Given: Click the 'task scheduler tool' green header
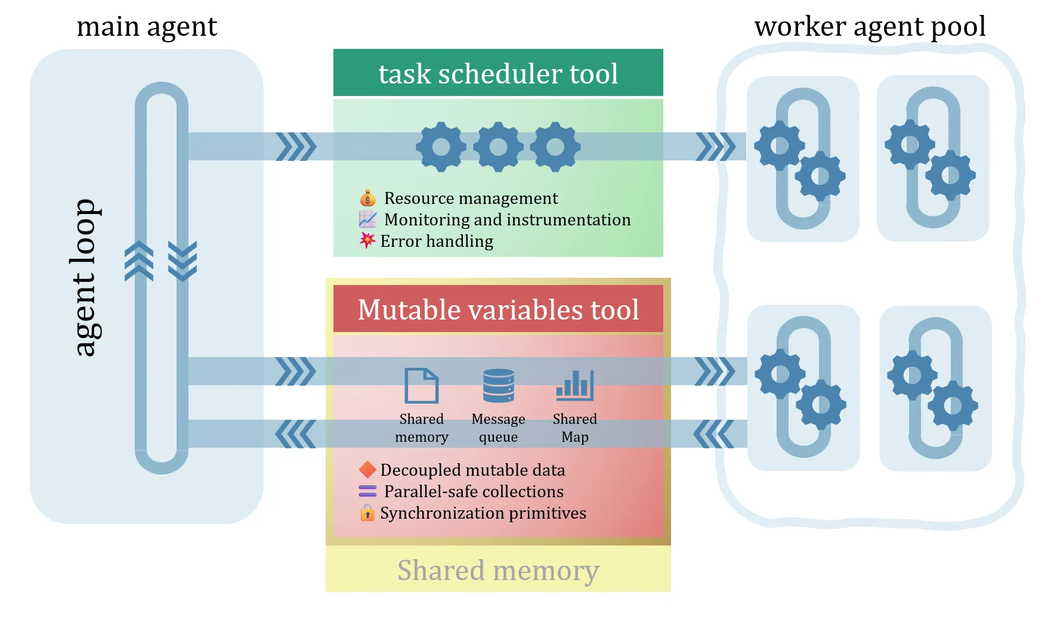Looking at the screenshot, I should tap(498, 73).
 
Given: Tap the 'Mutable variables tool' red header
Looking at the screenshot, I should tap(498, 309).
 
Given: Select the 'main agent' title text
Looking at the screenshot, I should tap(147, 27).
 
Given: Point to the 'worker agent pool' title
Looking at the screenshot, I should tap(870, 27).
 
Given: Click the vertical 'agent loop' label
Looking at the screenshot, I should tap(85, 277).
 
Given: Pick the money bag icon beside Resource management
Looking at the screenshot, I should tap(367, 198).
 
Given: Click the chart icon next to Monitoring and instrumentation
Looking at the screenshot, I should tap(367, 219).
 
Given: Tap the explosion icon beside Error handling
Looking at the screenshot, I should tap(367, 240).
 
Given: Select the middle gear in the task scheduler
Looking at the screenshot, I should tap(498, 147).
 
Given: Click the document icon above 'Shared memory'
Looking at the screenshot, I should tap(421, 386).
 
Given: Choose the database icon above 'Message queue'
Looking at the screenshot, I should tap(498, 386).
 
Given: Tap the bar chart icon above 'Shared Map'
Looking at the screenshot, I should tap(574, 385).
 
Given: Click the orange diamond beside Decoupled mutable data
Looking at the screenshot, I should tap(367, 470).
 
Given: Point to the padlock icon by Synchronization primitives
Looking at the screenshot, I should tap(367, 513).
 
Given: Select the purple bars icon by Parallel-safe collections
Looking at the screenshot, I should tap(367, 491).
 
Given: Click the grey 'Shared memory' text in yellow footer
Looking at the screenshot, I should tap(498, 571).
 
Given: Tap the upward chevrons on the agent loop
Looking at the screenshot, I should tap(139, 261).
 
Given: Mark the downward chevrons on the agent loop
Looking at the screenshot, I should tap(183, 261).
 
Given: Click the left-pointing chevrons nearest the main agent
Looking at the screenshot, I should tap(295, 434).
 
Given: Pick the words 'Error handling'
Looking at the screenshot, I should tap(437, 241).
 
